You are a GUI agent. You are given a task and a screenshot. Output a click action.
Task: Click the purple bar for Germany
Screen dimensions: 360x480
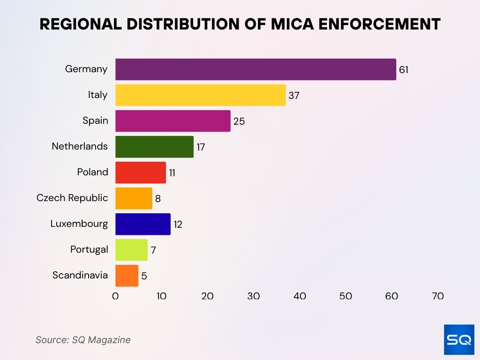pyautogui.click(x=255, y=69)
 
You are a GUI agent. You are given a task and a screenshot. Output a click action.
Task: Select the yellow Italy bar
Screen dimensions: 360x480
pyautogui.click(x=200, y=95)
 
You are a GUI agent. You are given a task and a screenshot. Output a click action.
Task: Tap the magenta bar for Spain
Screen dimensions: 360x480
pyautogui.click(x=172, y=121)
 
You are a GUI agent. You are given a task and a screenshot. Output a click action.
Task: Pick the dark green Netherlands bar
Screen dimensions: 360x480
pyautogui.click(x=154, y=147)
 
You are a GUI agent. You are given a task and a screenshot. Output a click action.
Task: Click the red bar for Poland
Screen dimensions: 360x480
pyautogui.click(x=141, y=172)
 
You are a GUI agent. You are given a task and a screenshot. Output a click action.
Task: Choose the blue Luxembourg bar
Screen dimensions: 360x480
pyautogui.click(x=143, y=224)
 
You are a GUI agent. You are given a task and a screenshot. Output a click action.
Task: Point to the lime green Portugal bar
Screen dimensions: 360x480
pyautogui.click(x=131, y=250)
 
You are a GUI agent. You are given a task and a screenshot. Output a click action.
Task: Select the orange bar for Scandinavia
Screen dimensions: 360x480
pyautogui.click(x=127, y=276)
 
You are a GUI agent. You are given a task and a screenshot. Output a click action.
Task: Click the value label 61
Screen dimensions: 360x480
pyautogui.click(x=404, y=70)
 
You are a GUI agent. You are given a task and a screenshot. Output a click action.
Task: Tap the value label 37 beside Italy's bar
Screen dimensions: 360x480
pyautogui.click(x=294, y=96)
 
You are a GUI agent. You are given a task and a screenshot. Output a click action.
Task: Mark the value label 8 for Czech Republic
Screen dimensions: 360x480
pyautogui.click(x=158, y=199)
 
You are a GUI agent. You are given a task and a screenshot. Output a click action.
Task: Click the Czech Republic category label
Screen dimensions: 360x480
pyautogui.click(x=72, y=198)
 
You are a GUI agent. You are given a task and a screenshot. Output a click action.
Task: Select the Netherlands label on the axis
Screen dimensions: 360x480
pyautogui.click(x=80, y=146)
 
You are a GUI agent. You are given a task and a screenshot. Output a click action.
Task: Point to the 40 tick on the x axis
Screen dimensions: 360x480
pyautogui.click(x=300, y=296)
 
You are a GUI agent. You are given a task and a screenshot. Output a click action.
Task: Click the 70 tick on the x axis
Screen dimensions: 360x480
pyautogui.click(x=438, y=296)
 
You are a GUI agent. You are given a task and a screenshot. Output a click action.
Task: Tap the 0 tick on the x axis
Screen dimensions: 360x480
pyautogui.click(x=115, y=296)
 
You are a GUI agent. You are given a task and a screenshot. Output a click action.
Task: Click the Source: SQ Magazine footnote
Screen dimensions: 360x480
pyautogui.click(x=83, y=340)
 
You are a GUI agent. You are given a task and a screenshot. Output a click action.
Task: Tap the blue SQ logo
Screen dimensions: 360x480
pyautogui.click(x=459, y=339)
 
